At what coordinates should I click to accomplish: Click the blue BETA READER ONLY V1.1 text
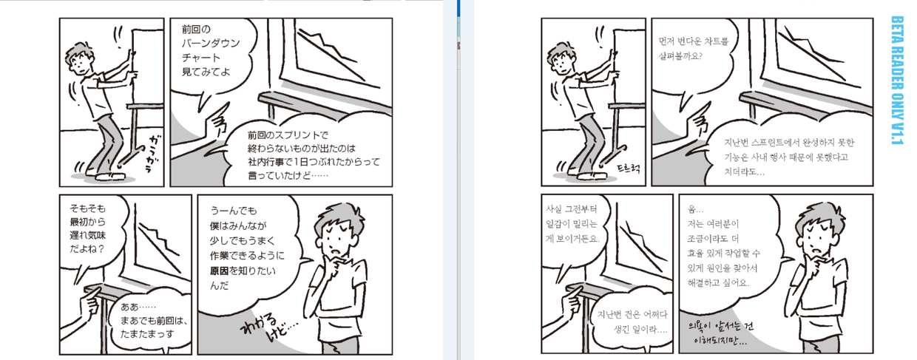click(x=897, y=80)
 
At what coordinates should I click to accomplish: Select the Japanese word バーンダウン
click(x=211, y=44)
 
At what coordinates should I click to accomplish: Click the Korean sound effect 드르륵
click(x=629, y=168)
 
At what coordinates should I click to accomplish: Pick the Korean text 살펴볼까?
click(x=680, y=55)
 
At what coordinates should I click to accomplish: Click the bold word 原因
click(x=219, y=271)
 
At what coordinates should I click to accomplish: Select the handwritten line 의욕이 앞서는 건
click(x=720, y=326)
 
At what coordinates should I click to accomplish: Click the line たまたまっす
click(x=147, y=334)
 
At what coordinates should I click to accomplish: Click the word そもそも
click(x=87, y=208)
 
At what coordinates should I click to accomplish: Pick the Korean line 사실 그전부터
click(x=571, y=209)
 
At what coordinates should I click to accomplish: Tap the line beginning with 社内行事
click(x=314, y=162)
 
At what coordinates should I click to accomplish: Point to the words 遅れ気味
click(x=87, y=235)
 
